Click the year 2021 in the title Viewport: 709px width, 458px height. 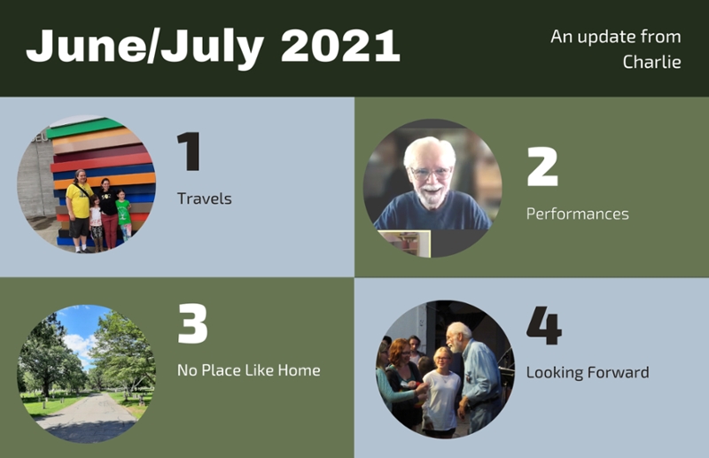(x=340, y=46)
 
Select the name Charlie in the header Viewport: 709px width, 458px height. (x=651, y=62)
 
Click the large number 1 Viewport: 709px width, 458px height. (x=188, y=151)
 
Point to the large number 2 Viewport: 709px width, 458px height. (x=542, y=167)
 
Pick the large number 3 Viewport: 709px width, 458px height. (x=192, y=323)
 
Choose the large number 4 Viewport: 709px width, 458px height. (x=544, y=325)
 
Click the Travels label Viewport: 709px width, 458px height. (x=205, y=198)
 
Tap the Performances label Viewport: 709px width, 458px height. (x=578, y=213)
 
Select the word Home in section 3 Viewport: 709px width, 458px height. (x=299, y=370)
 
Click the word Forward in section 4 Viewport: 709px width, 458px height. (x=618, y=373)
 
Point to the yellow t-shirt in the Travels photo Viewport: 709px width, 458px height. (x=79, y=200)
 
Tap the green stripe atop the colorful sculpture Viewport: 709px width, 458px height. (x=84, y=127)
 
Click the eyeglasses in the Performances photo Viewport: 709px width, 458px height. (x=431, y=173)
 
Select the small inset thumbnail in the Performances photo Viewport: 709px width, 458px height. (x=404, y=244)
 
